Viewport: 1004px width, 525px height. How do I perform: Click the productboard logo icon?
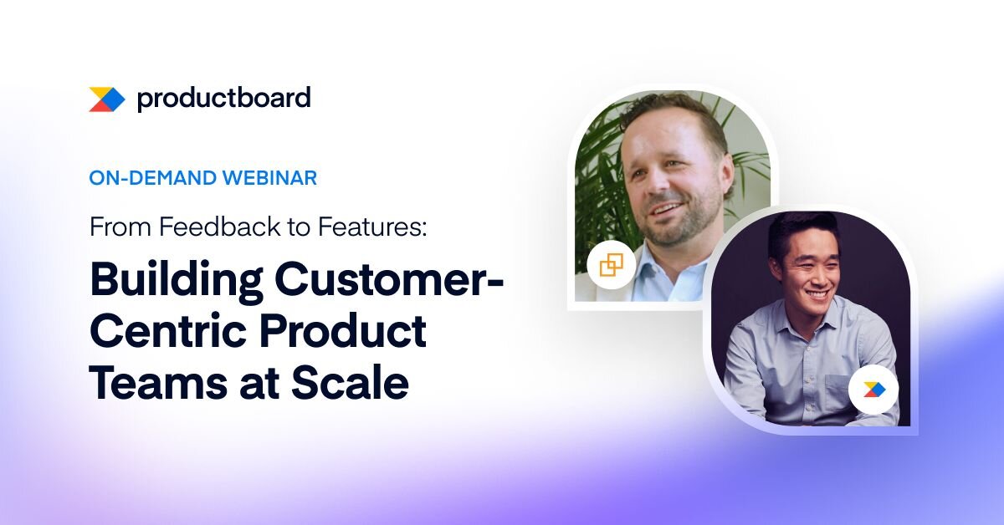[107, 99]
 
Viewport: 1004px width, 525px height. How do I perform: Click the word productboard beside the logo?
[223, 99]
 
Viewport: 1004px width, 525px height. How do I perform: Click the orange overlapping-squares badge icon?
[611, 265]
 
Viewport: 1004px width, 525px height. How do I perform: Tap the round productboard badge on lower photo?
[873, 390]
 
